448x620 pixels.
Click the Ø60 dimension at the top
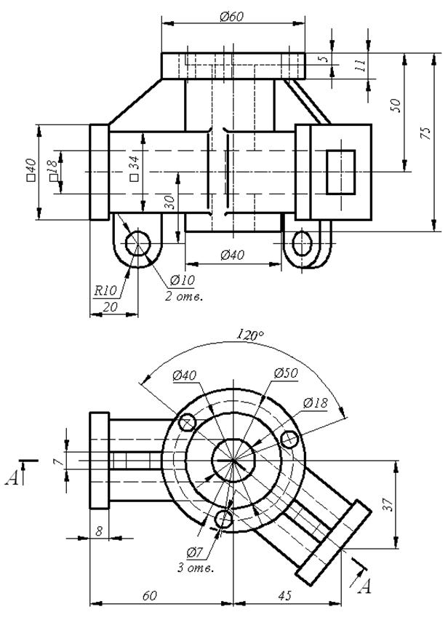tap(232, 17)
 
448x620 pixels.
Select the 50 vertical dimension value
tap(396, 106)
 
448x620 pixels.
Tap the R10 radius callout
tap(105, 291)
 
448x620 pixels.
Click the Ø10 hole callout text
tap(183, 280)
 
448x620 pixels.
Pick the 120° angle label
tap(250, 335)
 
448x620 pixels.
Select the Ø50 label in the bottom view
tap(286, 373)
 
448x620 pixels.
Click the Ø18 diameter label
tap(316, 402)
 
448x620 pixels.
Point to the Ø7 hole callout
tap(195, 552)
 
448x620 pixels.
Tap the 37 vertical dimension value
tap(389, 505)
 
